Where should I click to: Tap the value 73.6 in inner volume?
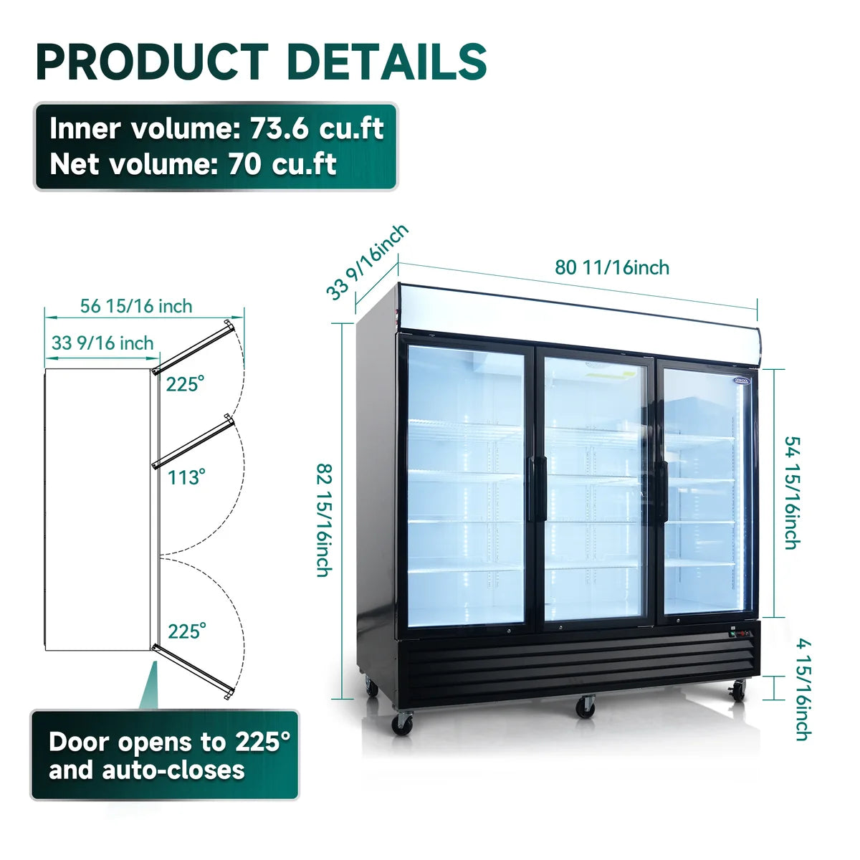coord(279,129)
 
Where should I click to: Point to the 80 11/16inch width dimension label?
coord(612,268)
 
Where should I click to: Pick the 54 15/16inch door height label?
coord(793,492)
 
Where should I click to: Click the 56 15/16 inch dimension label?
coord(136,306)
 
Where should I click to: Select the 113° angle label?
coord(186,477)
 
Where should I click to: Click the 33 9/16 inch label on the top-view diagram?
coord(102,343)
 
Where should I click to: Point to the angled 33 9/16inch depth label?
coord(368,262)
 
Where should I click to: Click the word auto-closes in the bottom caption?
coord(173,770)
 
